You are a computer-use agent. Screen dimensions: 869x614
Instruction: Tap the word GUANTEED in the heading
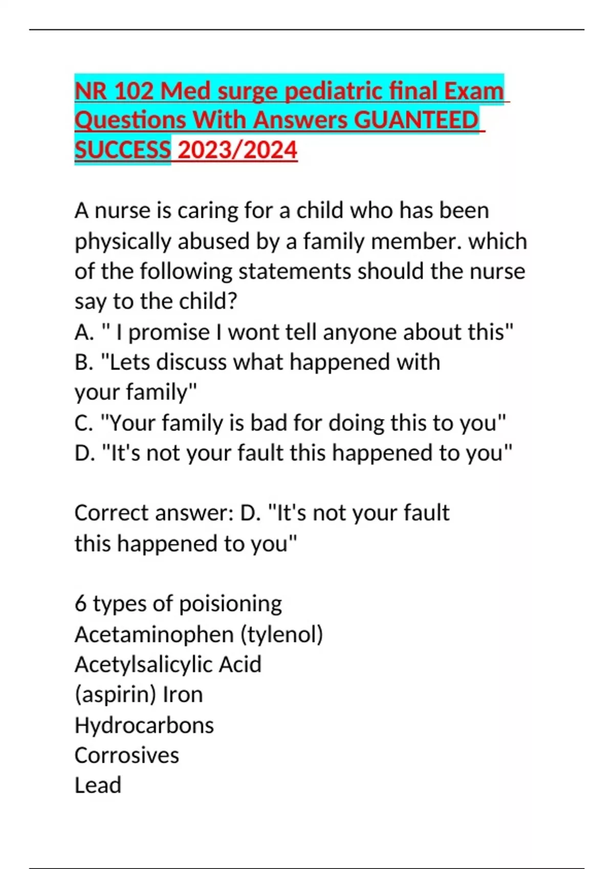(416, 121)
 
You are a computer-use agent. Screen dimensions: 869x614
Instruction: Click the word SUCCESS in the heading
(122, 150)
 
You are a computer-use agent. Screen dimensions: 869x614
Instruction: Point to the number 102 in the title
(134, 92)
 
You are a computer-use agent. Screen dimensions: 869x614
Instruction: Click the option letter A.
(83, 333)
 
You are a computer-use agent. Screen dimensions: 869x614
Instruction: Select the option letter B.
(83, 362)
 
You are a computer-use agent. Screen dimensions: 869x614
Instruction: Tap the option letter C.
(83, 423)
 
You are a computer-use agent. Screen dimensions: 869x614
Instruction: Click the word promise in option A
(169, 333)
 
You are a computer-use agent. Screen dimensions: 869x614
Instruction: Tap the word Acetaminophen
(154, 634)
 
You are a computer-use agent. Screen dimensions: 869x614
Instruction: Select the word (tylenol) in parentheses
(282, 634)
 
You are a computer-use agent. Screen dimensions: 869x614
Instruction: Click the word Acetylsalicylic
(143, 665)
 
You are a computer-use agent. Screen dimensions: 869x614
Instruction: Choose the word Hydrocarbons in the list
(144, 725)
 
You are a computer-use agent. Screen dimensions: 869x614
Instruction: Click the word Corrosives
(127, 756)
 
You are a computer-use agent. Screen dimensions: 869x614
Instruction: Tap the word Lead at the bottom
(98, 786)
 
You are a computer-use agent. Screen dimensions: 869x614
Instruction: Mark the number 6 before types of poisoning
(80, 604)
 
